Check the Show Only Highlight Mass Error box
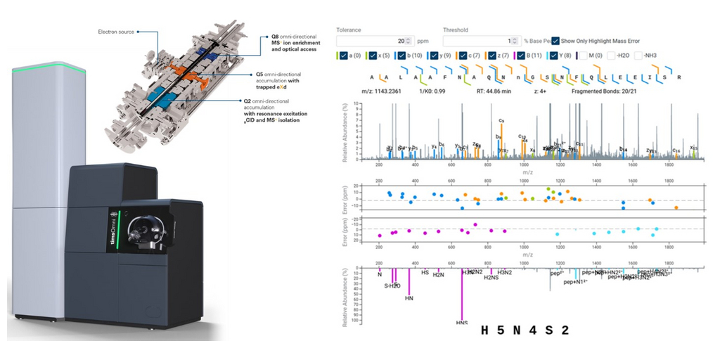click(x=556, y=41)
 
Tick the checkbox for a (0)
click(x=342, y=56)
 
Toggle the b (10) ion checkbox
click(x=401, y=56)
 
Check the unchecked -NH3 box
click(x=639, y=56)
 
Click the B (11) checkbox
click(x=521, y=56)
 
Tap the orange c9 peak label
click(x=501, y=122)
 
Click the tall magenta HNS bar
click(x=462, y=295)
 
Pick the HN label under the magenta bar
click(x=409, y=299)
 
